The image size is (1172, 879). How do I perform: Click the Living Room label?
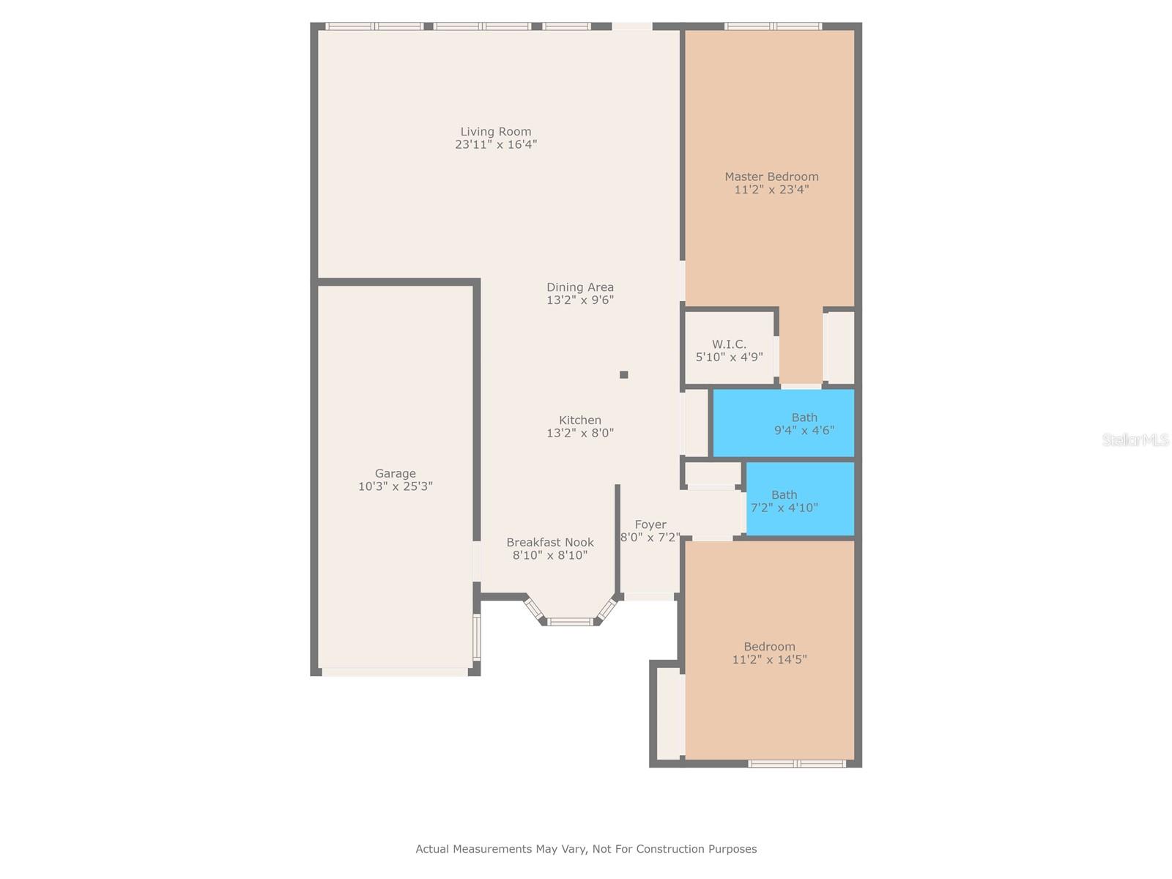(x=496, y=132)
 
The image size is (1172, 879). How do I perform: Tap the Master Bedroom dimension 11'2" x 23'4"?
(x=771, y=190)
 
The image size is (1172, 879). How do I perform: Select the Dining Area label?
(x=580, y=287)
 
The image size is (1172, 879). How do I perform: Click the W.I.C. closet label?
(x=729, y=344)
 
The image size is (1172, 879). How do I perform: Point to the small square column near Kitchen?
(x=624, y=375)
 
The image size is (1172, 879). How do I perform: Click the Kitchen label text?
(x=580, y=420)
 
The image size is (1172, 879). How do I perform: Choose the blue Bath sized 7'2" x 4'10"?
(x=798, y=500)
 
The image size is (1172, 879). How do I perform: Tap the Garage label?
(x=396, y=473)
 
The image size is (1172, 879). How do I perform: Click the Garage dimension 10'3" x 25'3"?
(x=396, y=486)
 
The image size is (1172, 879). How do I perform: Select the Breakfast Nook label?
(x=550, y=542)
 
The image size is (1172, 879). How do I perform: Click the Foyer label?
(x=650, y=524)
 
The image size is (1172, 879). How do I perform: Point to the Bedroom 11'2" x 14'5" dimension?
(x=769, y=659)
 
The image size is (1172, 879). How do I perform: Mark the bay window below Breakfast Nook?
(x=570, y=621)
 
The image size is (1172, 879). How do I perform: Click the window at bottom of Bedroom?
(x=797, y=763)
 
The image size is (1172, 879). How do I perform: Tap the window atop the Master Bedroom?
(x=773, y=26)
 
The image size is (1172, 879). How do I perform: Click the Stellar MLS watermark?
(x=1135, y=439)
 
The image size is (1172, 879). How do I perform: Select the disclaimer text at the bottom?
(x=586, y=849)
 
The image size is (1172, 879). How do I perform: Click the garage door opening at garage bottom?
(x=396, y=671)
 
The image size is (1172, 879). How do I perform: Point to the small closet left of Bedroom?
(x=669, y=714)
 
